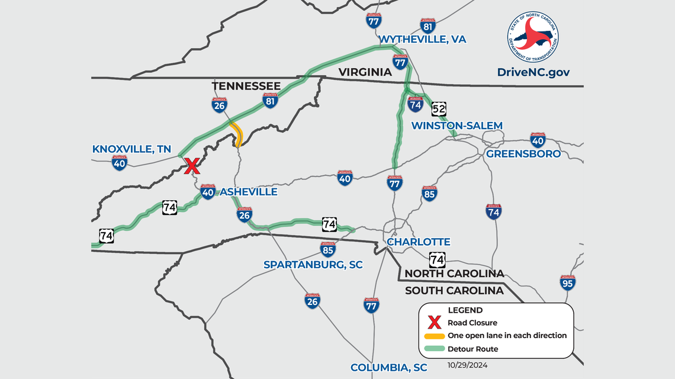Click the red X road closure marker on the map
tap(191, 166)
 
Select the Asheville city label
tap(249, 192)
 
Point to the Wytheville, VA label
tap(422, 39)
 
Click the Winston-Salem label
tap(457, 126)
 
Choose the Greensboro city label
tap(523, 154)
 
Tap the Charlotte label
tap(418, 242)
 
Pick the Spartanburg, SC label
tap(313, 265)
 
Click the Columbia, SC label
tap(388, 368)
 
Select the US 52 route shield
tap(439, 109)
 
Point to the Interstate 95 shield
tap(567, 283)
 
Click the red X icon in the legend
tap(435, 323)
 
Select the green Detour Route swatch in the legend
tap(435, 349)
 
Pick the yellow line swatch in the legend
tap(435, 336)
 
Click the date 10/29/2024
tap(467, 364)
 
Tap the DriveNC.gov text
tap(533, 72)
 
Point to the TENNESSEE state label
tap(246, 86)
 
